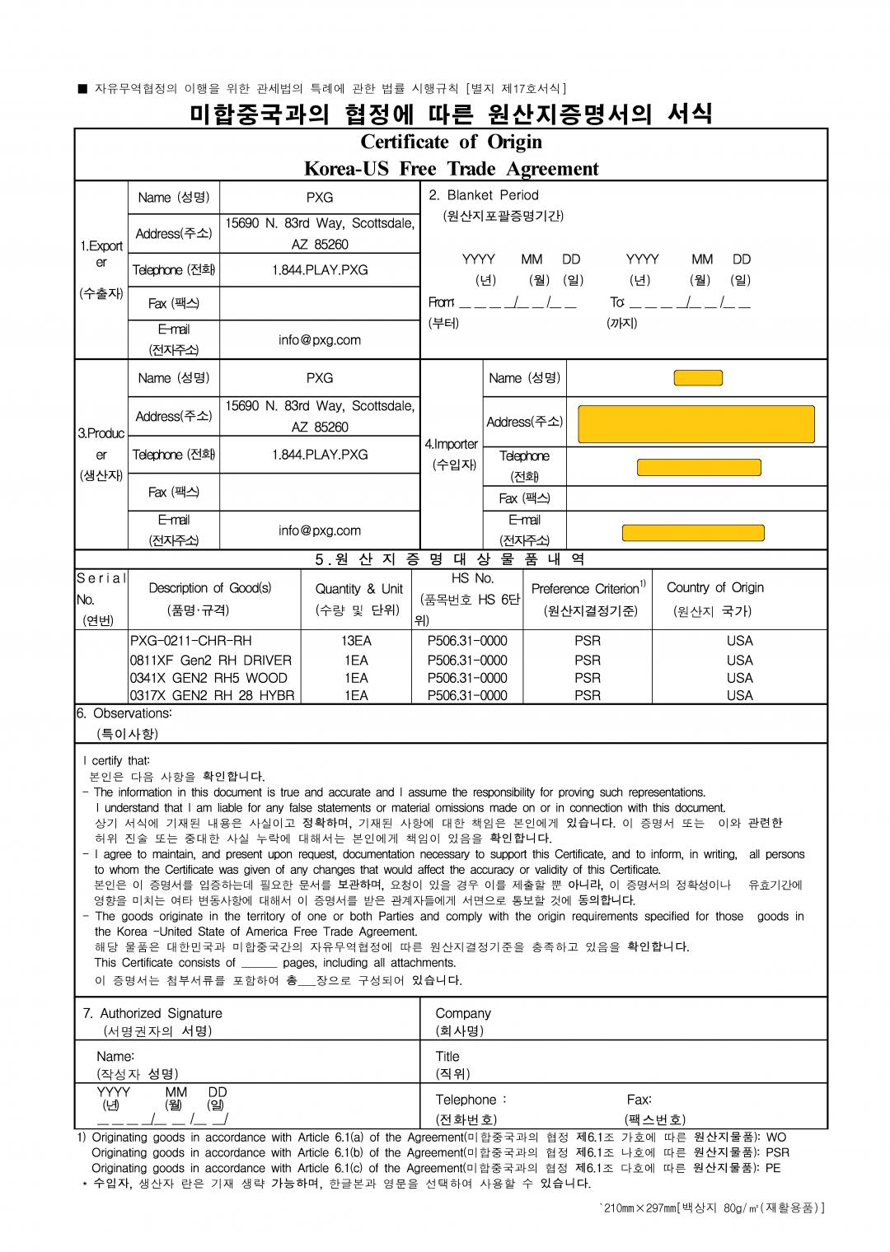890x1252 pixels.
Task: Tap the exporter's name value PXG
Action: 320,198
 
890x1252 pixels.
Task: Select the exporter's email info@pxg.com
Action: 320,339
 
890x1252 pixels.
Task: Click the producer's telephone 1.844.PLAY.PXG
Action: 320,455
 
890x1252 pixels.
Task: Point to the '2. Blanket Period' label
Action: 484,195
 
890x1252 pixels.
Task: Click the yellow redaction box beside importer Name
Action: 698,378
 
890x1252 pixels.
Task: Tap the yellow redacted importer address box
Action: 696,424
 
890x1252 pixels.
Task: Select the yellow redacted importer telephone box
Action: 699,468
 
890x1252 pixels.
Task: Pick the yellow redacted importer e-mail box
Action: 692,532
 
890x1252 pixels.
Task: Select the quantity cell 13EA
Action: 356,641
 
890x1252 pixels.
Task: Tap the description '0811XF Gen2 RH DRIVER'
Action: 211,660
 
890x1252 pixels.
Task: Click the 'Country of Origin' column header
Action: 714,587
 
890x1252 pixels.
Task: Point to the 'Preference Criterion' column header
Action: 587,588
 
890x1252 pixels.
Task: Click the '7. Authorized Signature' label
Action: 152,1013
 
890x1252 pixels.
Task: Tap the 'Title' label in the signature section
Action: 447,1056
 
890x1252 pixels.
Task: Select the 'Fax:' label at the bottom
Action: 639,1100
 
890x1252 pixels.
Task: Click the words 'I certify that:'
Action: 116,760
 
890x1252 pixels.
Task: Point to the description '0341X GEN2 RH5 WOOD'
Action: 208,678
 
